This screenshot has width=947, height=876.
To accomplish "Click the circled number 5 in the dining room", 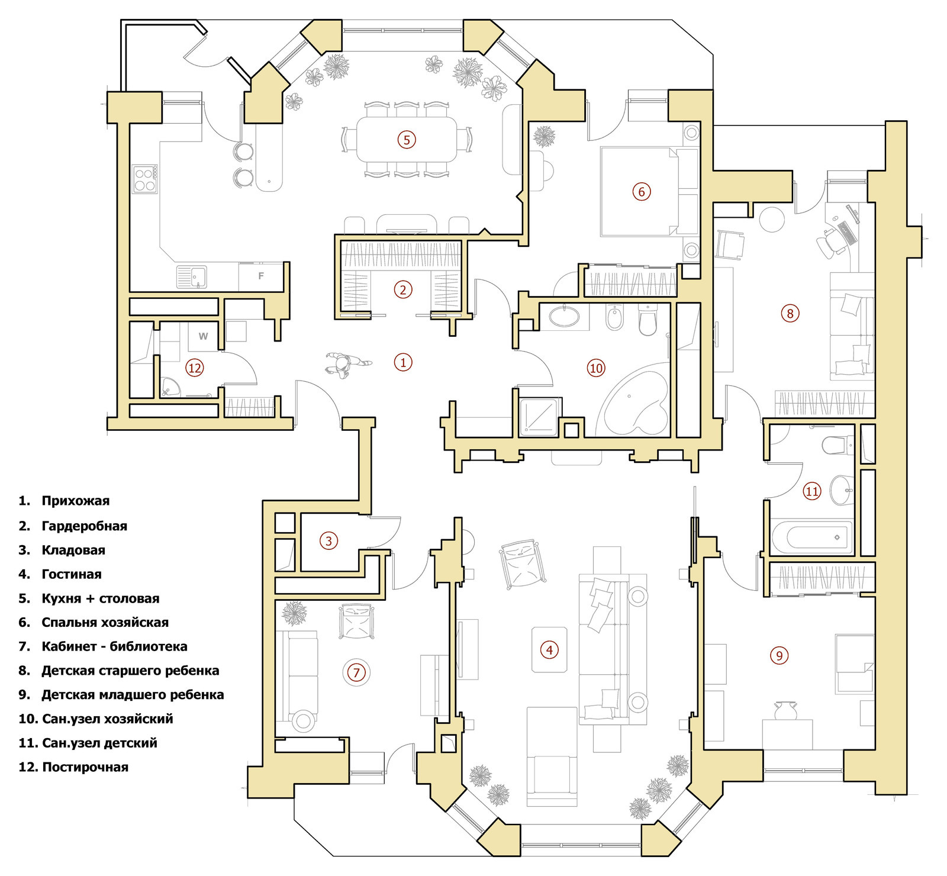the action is click(x=407, y=140).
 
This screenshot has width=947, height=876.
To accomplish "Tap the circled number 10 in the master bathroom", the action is click(x=596, y=368).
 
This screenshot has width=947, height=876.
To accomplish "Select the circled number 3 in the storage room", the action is click(x=329, y=540).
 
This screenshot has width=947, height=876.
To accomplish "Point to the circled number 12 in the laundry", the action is click(x=195, y=368).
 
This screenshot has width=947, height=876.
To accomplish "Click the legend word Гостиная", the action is click(x=72, y=574).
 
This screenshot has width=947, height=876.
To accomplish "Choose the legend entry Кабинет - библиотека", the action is click(x=114, y=646).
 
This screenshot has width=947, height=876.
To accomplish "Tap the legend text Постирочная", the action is click(x=85, y=767).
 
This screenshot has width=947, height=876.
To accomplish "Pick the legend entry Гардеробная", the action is click(x=84, y=526).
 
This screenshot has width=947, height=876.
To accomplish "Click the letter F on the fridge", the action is click(x=261, y=276).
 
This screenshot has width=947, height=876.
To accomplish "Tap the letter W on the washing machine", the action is click(x=203, y=336).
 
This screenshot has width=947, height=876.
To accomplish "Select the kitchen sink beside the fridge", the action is click(x=192, y=276).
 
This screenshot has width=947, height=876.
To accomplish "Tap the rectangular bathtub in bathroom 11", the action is click(x=812, y=537).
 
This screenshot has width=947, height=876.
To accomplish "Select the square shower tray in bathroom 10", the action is click(x=539, y=417).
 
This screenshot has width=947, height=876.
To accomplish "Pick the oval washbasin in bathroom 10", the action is click(x=565, y=316).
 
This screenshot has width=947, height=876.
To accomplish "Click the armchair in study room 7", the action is click(x=356, y=621).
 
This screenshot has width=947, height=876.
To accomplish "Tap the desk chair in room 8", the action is click(x=830, y=241).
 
